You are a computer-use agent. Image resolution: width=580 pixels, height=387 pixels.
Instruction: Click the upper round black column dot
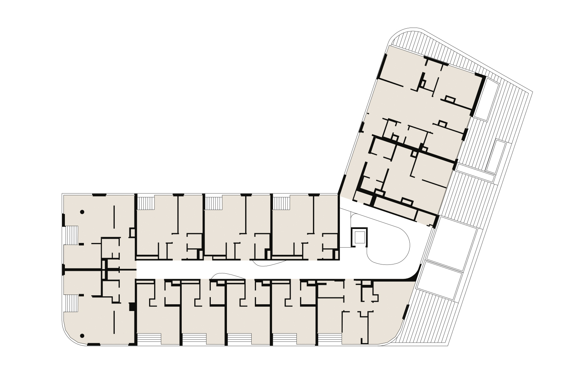coord(82,212)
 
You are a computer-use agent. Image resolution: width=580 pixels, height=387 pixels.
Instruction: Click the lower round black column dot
coord(82,336)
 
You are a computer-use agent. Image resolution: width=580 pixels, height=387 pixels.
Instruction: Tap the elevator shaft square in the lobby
coord(359,237)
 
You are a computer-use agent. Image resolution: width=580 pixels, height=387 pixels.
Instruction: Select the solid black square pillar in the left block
coord(132,307)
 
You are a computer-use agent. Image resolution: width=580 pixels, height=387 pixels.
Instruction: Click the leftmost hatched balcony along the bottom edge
coord(149,339)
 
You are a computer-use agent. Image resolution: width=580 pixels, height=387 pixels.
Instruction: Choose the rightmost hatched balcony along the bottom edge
coord(330,339)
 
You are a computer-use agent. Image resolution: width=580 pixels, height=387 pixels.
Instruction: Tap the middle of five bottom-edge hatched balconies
coord(239,339)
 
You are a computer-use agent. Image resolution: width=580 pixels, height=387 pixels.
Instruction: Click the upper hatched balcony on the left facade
coord(71,235)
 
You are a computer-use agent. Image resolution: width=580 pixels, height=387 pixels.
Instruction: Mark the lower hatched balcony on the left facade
coord(71,304)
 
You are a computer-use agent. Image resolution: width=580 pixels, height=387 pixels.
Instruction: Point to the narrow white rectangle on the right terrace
coord(496,156)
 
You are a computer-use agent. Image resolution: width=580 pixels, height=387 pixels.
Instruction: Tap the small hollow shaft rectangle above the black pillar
coord(132,233)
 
